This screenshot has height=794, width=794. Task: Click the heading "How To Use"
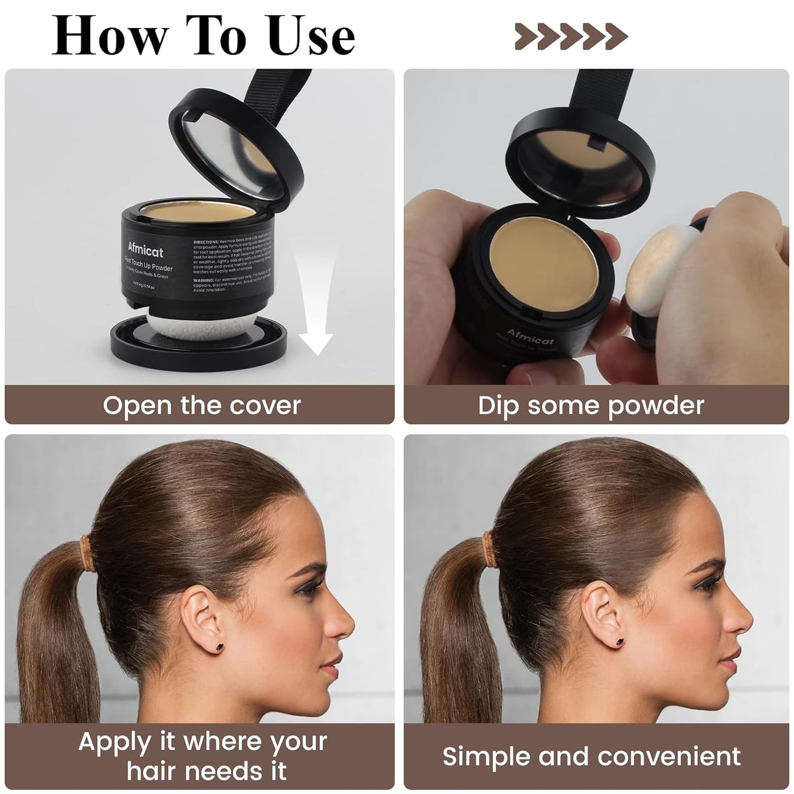(x=203, y=36)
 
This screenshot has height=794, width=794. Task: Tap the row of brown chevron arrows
(x=571, y=36)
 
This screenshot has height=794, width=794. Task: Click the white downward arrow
(x=315, y=308)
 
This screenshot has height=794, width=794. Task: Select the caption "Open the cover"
(x=202, y=406)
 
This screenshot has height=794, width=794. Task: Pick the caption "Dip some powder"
(x=591, y=406)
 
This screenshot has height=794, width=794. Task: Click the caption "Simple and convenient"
(x=591, y=756)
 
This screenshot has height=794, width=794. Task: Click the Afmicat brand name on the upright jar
(x=146, y=251)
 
